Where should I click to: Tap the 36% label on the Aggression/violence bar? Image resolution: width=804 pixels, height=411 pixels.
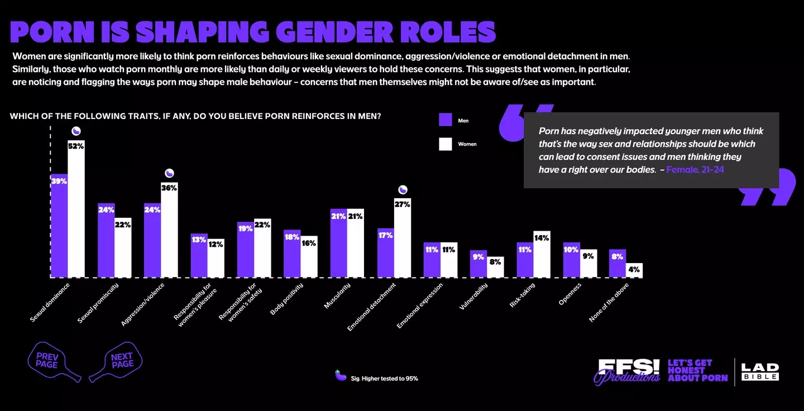pos(169,188)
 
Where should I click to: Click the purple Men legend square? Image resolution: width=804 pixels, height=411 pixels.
pos(445,120)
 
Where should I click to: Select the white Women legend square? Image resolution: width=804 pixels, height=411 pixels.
pos(445,144)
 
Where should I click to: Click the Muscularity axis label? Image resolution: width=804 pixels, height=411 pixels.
pos(337,296)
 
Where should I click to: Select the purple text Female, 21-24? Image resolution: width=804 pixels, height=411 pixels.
pos(695,170)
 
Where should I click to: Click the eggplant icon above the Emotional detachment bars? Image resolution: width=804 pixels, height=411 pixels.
pos(403,190)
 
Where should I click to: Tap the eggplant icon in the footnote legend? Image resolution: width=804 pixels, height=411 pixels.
pos(340,375)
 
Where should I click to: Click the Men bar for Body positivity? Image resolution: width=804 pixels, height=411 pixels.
pos(291,254)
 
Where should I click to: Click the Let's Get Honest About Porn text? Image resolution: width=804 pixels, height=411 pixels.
pos(697,371)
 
